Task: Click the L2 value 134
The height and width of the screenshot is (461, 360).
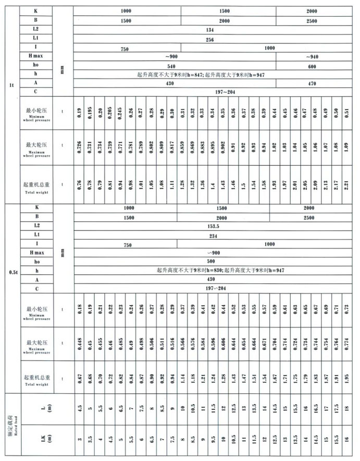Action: pyautogui.click(x=210, y=30)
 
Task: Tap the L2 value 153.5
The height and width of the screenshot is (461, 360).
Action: pyautogui.click(x=210, y=226)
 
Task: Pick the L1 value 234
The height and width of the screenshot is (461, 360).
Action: pyautogui.click(x=210, y=235)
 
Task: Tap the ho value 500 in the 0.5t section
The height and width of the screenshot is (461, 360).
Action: pyautogui.click(x=210, y=261)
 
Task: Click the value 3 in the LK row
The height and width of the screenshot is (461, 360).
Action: pyautogui.click(x=80, y=440)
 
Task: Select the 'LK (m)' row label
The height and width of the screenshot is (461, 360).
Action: pyautogui.click(x=42, y=440)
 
